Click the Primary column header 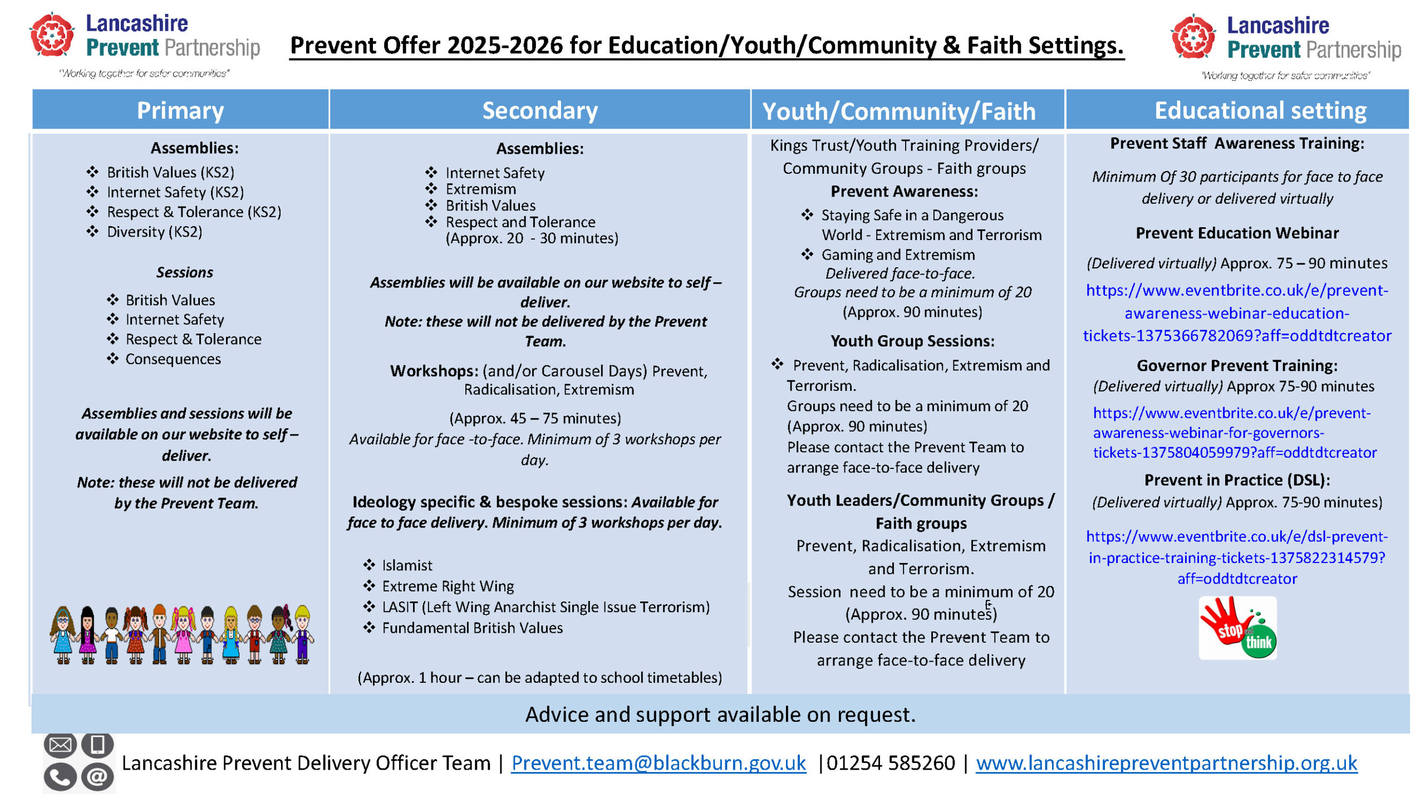180,110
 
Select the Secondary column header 539,110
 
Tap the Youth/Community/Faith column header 898,111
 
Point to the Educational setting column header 1260,110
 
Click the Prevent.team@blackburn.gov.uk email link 658,762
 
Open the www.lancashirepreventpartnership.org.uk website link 1166,762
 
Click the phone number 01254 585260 890,762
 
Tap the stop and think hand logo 1237,628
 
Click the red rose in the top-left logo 52,35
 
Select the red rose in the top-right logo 1192,37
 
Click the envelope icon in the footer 60,745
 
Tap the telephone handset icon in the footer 60,777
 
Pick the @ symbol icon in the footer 97,777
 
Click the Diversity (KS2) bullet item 154,232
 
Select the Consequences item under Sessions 173,359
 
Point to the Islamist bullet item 407,565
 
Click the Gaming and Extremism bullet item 898,255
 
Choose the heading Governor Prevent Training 1237,365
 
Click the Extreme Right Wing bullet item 448,586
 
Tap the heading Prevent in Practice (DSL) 1237,480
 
